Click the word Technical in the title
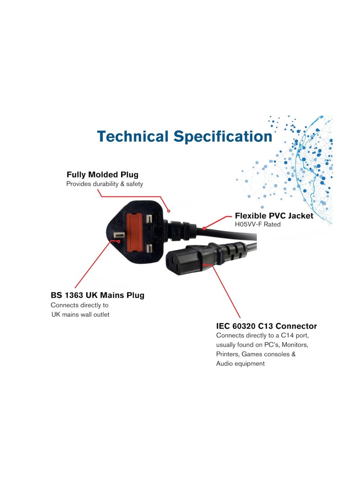point(133,136)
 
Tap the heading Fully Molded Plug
point(102,175)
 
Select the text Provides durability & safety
point(104,184)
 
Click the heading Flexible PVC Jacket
point(274,216)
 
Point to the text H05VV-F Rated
point(258,224)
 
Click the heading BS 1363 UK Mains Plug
point(97,295)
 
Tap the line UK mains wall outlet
point(81,315)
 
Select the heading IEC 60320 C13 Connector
point(266,326)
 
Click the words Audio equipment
point(240,364)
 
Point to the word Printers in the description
point(228,354)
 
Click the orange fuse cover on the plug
point(134,232)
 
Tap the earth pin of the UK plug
point(119,236)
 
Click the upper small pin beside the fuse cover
point(149,219)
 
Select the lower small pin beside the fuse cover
point(149,249)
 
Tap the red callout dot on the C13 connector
point(204,265)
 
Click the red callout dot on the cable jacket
point(204,228)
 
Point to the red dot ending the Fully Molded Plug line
point(169,211)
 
